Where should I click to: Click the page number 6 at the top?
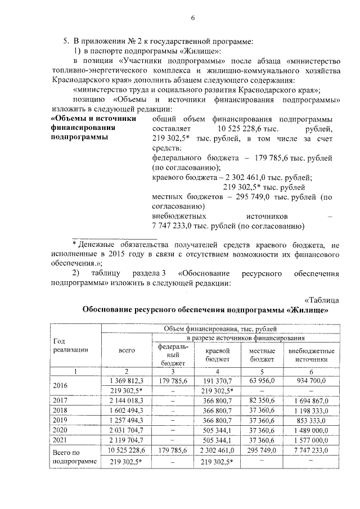click(192, 17)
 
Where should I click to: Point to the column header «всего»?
click(127, 351)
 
